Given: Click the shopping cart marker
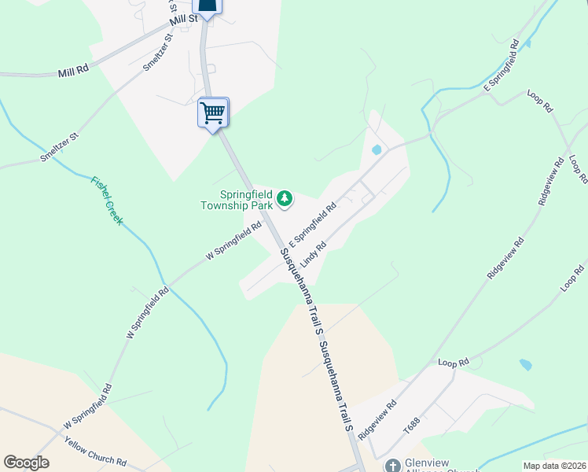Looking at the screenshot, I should click(213, 112).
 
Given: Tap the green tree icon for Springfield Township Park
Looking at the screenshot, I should click(285, 200).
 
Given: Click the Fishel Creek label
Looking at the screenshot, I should click(107, 200).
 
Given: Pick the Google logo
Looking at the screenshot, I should click(27, 463).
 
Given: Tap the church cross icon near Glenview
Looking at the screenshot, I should click(391, 466).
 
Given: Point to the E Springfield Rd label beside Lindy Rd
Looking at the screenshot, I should click(312, 223).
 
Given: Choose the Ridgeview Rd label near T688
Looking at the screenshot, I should click(377, 419).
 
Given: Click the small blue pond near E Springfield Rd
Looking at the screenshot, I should click(377, 149).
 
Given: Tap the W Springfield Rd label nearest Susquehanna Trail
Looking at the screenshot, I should click(233, 242).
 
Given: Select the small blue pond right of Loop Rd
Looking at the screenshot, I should click(525, 365).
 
